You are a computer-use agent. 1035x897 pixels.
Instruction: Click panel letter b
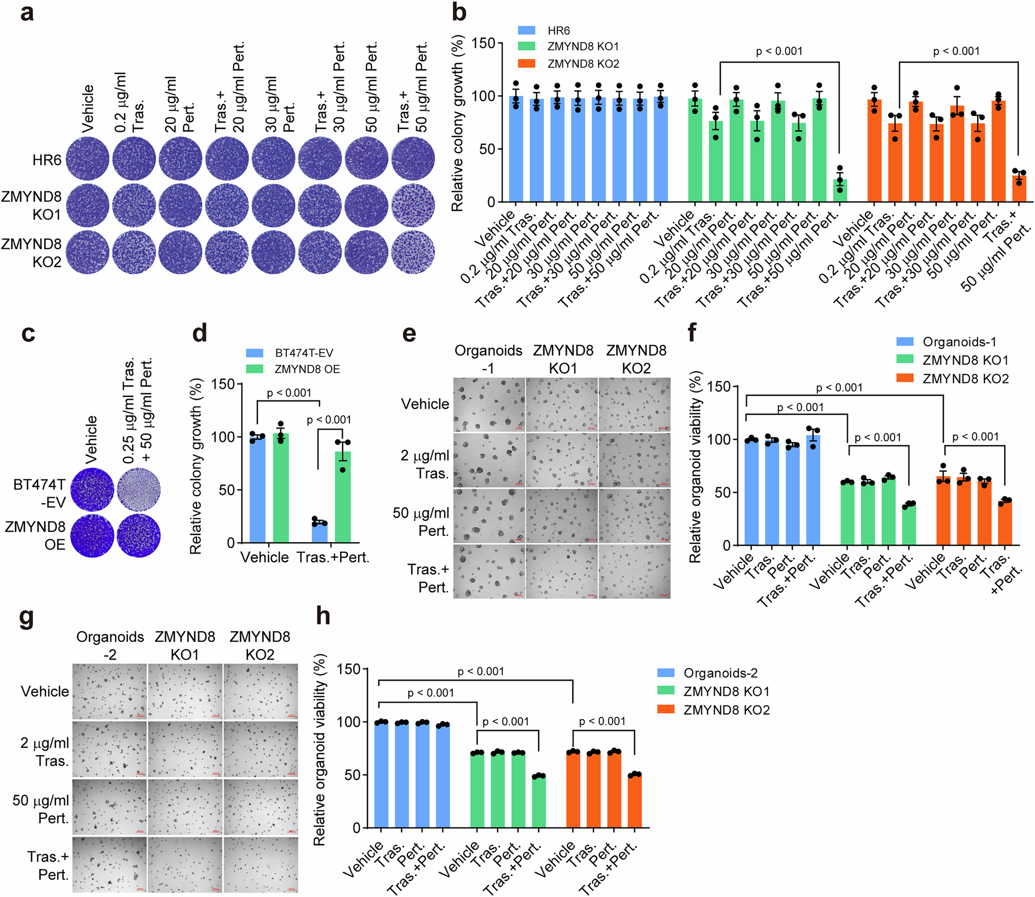click(x=459, y=12)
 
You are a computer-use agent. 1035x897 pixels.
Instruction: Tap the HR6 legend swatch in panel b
click(x=526, y=31)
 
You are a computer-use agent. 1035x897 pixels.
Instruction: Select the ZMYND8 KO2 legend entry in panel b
click(x=583, y=64)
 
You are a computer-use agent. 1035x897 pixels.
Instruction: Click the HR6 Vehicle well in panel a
click(x=87, y=158)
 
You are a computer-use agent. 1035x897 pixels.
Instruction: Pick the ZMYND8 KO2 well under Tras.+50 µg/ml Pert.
click(x=413, y=252)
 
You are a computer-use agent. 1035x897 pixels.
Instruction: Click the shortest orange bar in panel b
click(x=1018, y=188)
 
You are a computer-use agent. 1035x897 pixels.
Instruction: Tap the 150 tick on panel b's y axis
click(x=484, y=43)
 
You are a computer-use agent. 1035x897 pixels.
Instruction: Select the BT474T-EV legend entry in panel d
click(x=304, y=353)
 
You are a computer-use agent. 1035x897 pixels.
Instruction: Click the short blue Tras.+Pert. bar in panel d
click(x=319, y=531)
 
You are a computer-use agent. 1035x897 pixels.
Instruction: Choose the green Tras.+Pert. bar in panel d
click(x=343, y=497)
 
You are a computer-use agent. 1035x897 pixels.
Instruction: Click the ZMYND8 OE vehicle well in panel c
click(x=92, y=535)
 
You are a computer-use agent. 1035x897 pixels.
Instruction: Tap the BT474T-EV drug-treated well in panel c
click(x=139, y=489)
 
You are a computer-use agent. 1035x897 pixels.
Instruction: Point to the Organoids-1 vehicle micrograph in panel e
click(x=489, y=405)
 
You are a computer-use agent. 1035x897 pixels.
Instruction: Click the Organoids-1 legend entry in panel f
click(x=959, y=342)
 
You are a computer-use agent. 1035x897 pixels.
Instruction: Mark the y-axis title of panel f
click(x=695, y=467)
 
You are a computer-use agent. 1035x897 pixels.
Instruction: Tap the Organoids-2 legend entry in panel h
click(x=720, y=673)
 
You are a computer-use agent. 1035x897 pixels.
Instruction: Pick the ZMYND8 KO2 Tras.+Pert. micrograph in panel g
click(x=260, y=864)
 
